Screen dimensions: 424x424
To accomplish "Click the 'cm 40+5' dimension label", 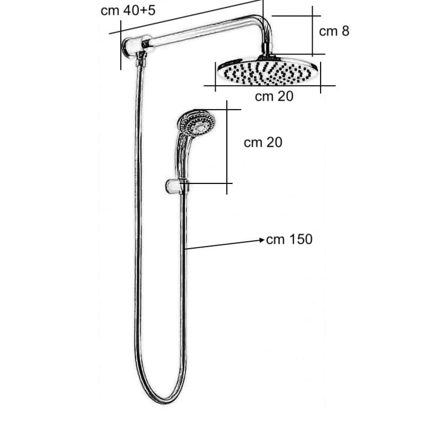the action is [128, 11].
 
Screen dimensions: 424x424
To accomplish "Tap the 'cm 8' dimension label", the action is [334, 31].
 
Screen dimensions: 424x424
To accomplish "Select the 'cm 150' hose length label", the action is [289, 240].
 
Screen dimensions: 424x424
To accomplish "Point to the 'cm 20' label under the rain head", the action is [274, 96].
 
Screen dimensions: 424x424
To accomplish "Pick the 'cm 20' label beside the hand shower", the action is [263, 142].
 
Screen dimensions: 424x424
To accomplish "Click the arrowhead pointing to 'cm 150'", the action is [262, 240].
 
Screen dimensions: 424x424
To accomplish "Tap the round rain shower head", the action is [268, 72].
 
